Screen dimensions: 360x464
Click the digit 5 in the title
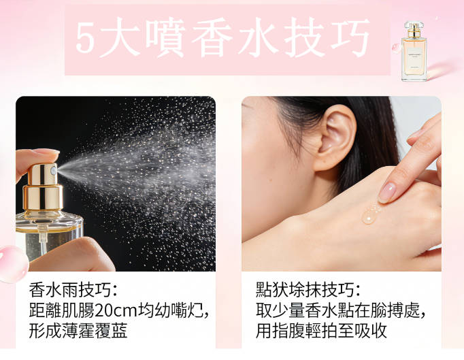tap(86, 38)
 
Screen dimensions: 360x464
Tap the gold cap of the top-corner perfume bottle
tap(414, 29)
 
